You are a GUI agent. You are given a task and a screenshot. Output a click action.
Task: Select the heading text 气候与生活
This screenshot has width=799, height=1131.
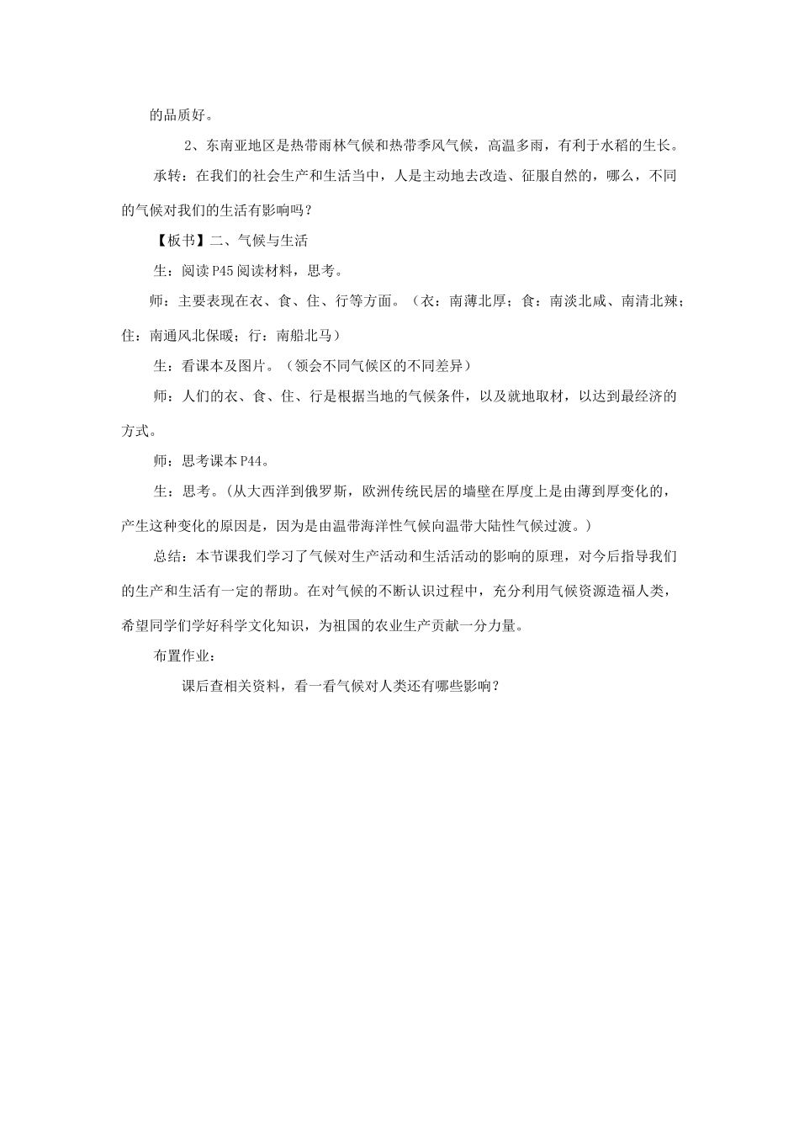[273, 240]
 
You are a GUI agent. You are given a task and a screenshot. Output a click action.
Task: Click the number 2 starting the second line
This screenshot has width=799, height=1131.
[188, 145]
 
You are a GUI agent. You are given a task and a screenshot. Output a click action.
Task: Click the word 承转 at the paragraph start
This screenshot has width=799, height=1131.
[167, 177]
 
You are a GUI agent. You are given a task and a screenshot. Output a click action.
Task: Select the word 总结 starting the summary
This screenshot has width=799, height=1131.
[167, 556]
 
